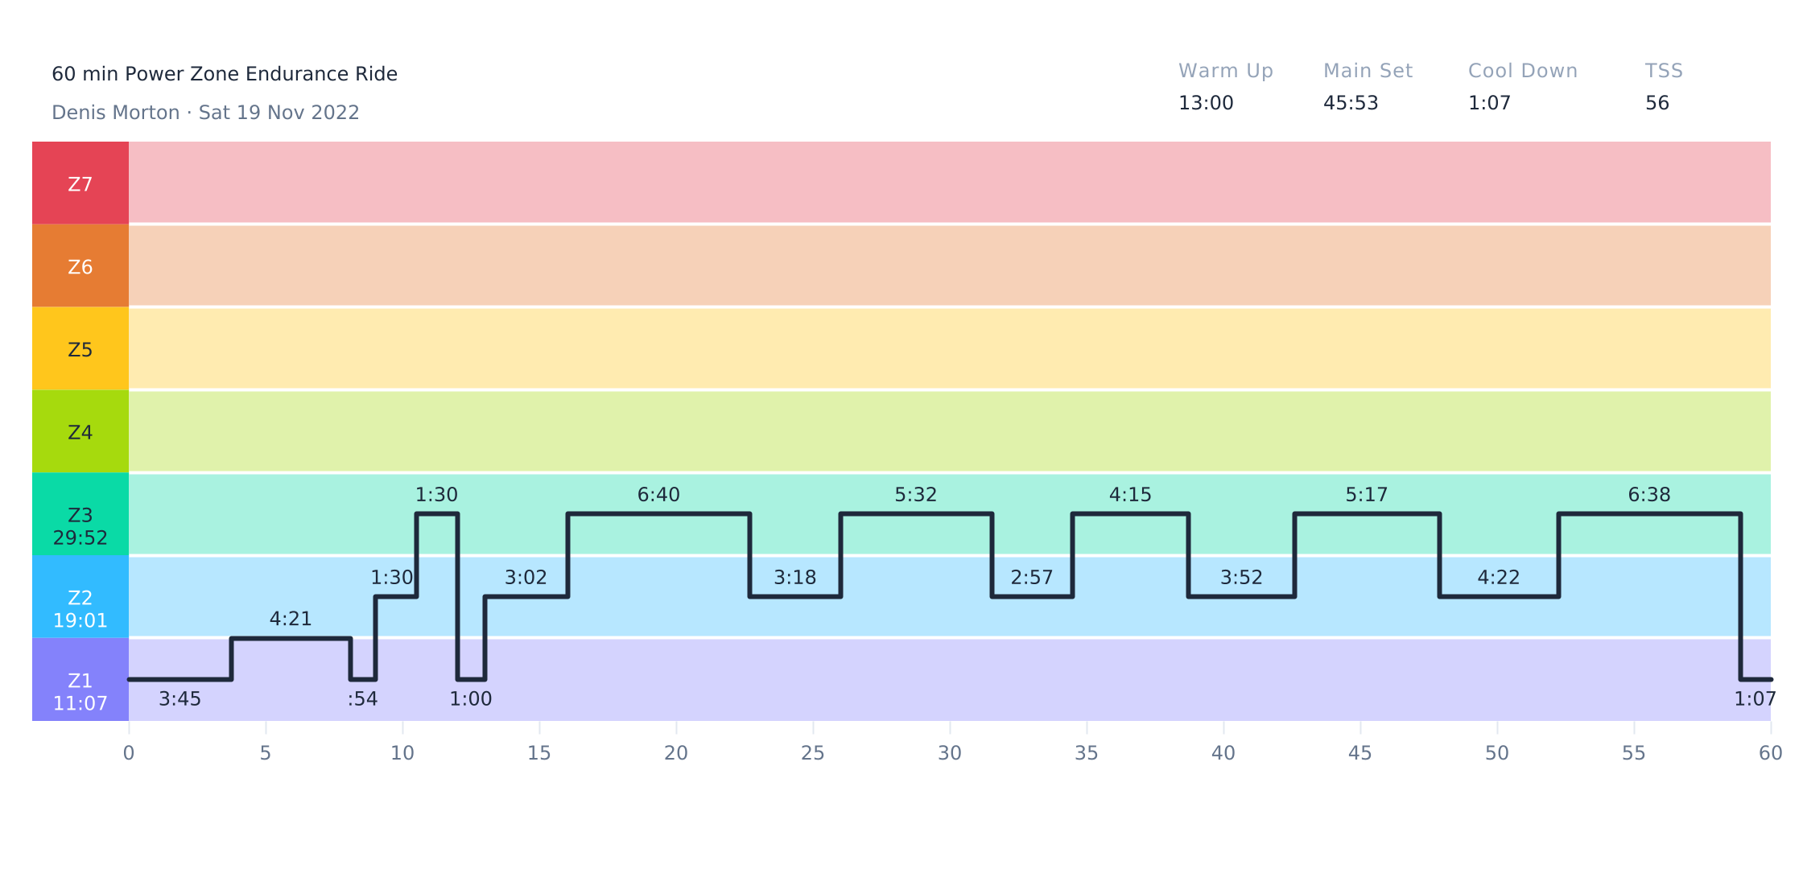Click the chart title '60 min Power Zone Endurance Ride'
coord(225,74)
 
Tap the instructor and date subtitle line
coord(205,113)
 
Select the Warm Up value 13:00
coord(1206,103)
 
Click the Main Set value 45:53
coord(1351,103)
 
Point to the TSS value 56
coord(1657,103)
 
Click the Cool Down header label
coord(1523,71)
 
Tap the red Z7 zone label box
coord(80,183)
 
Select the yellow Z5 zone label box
coord(80,348)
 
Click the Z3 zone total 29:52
coord(80,538)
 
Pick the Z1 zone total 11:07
coord(80,704)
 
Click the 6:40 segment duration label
coord(658,495)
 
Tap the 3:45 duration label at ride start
coord(179,699)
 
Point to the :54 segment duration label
coord(362,699)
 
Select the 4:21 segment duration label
coord(291,619)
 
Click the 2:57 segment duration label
coord(1032,578)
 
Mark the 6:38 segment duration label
coord(1649,495)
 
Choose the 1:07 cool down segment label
coord(1756,699)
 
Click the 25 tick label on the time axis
coord(813,753)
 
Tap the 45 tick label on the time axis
coord(1360,753)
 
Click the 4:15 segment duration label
coord(1130,495)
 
